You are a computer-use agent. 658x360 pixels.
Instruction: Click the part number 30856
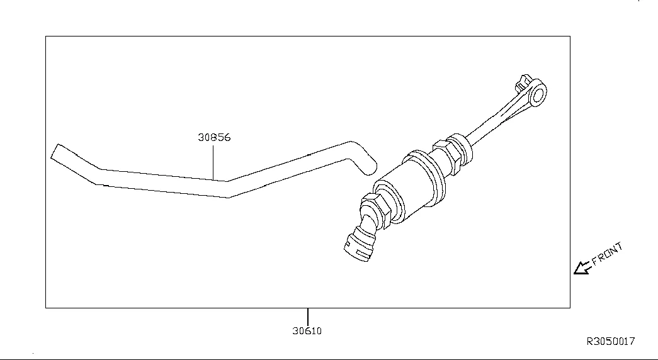click(214, 137)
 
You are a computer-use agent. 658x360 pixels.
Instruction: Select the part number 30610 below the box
click(307, 330)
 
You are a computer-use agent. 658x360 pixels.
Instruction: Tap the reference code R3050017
click(611, 341)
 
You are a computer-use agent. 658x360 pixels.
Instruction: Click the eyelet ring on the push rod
click(537, 93)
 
